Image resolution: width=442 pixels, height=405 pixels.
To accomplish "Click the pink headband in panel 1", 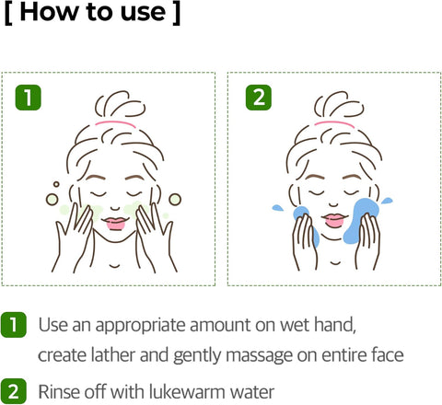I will [115, 121].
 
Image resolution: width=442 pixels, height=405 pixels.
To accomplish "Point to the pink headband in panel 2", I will [332, 121].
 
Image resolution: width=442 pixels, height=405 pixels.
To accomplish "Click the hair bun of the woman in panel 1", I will [115, 99].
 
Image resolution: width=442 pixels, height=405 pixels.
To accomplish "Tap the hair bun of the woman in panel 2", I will [332, 99].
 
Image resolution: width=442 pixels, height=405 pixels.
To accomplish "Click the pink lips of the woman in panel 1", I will [115, 222].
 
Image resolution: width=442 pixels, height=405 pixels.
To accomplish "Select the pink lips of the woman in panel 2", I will [333, 221].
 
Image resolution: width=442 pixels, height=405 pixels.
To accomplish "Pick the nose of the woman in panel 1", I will [115, 207].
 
